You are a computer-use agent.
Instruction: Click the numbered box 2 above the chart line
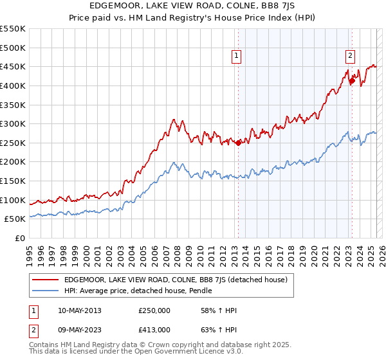350,55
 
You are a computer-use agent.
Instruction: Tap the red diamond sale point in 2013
238,143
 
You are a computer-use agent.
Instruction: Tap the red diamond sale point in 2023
352,80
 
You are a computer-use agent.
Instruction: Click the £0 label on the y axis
19,238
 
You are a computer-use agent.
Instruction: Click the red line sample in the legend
46,280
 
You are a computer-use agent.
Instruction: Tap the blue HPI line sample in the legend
46,291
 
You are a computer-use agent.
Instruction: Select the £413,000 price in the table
154,329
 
